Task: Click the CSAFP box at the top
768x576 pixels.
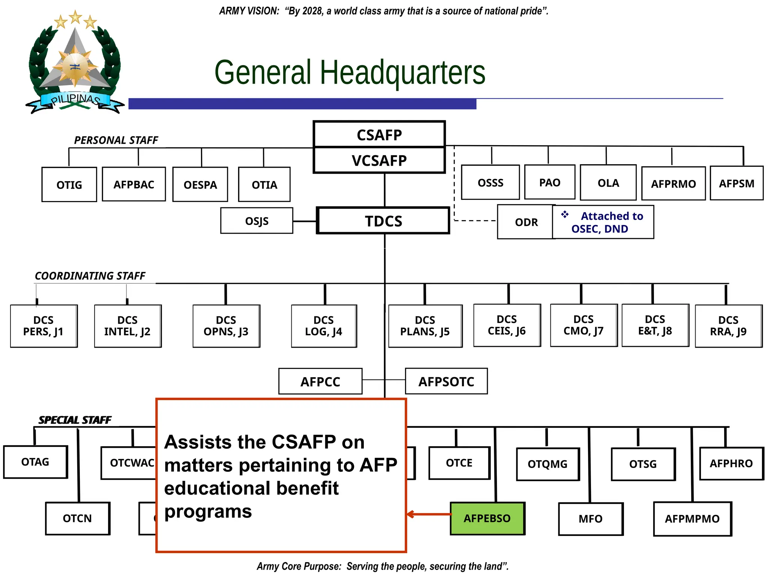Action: pos(379,135)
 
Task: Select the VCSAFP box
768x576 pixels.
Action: pos(379,160)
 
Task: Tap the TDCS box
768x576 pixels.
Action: pos(383,221)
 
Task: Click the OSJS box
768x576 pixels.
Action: pos(257,221)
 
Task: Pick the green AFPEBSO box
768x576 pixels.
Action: pos(487,518)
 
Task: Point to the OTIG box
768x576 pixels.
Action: pos(69,184)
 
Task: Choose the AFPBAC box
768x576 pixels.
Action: pos(134,184)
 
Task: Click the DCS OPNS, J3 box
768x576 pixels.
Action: pos(226,326)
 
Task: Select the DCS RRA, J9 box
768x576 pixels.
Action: pos(728,326)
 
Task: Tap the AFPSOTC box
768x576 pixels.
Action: pos(446,381)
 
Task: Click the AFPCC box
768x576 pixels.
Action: pos(320,381)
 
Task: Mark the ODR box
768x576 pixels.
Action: pos(526,222)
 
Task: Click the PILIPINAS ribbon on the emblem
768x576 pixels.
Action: pos(75,100)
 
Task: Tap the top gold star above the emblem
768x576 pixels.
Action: pos(75,16)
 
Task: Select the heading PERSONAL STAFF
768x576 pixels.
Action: pos(116,140)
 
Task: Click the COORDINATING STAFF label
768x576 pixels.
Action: pos(90,276)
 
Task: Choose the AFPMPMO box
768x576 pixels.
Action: pos(692,519)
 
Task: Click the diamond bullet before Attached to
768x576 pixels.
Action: pos(565,214)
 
